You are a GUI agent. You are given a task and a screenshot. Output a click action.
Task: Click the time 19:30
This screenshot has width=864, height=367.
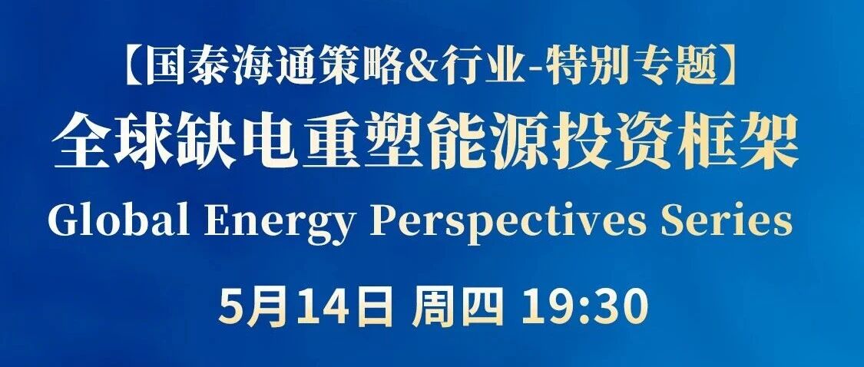(584, 307)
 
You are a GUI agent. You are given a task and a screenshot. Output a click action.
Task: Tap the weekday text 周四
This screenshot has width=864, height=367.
(458, 307)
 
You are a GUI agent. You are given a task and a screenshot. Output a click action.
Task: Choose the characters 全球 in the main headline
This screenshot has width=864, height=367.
(114, 141)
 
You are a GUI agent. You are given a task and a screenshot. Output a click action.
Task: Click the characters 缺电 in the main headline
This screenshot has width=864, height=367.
(238, 141)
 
